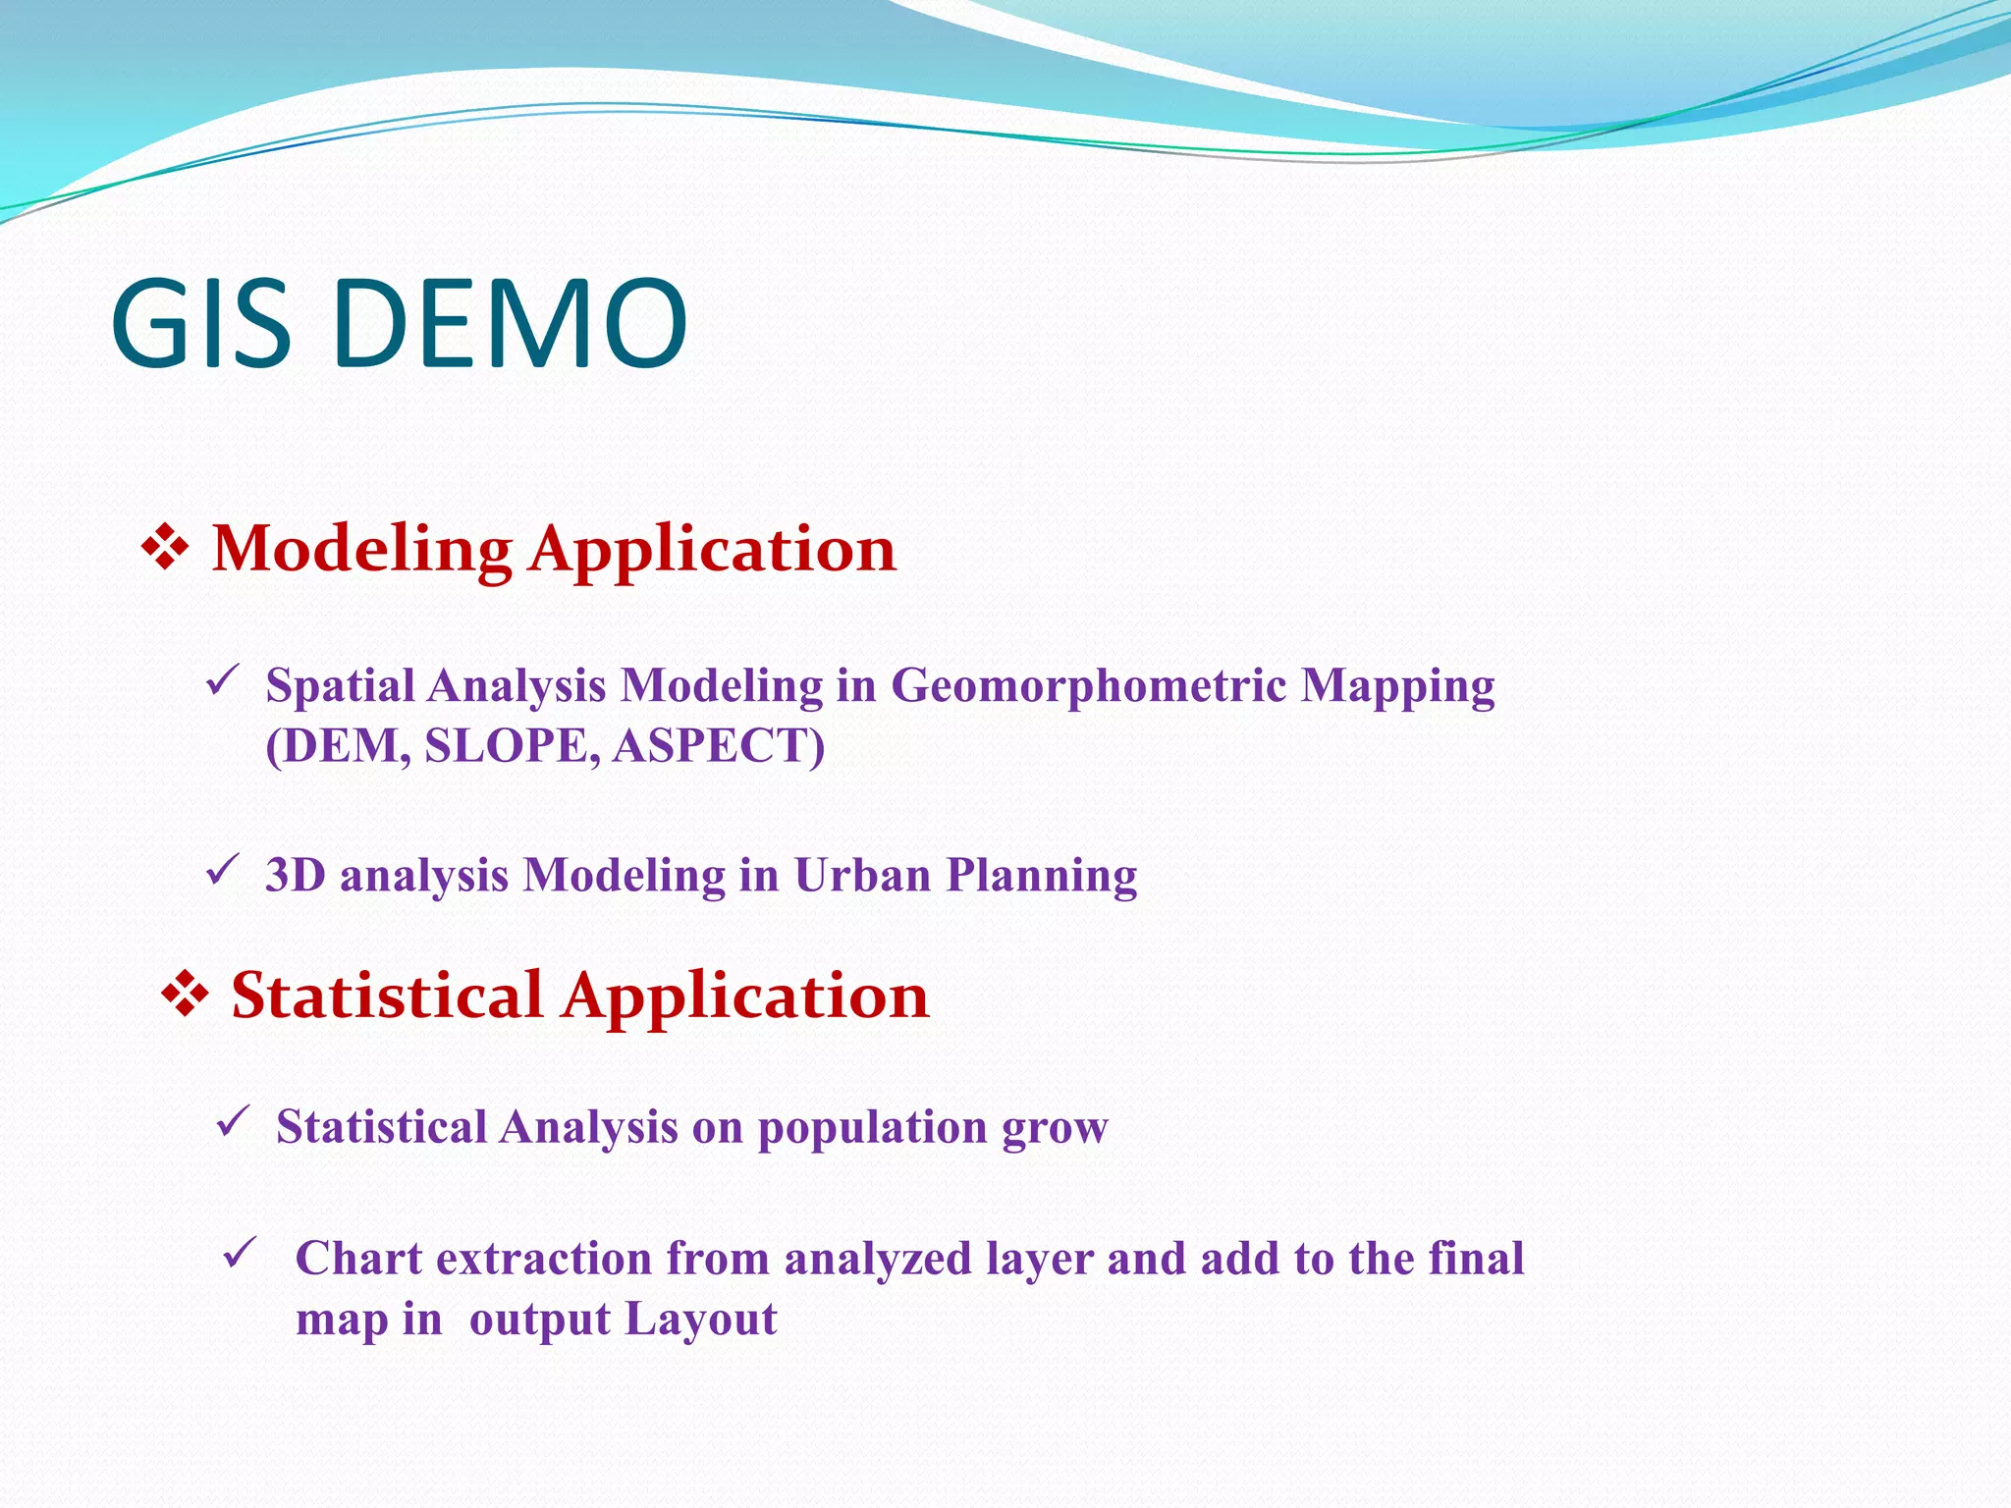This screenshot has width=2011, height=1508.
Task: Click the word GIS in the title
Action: tap(201, 325)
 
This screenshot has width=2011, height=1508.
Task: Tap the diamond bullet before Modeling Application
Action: tap(165, 549)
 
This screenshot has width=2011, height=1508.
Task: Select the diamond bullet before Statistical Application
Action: tap(184, 996)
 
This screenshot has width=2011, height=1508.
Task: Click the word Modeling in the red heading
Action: tap(361, 549)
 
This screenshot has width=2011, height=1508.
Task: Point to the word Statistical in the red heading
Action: tap(386, 996)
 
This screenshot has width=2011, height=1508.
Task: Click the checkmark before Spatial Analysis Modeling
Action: tap(223, 679)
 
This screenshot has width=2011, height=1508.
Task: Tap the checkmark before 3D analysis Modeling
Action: tap(223, 869)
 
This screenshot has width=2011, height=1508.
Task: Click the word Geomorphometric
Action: tap(1088, 685)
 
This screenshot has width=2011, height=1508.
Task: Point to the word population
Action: tap(872, 1128)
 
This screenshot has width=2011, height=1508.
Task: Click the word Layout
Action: tap(700, 1319)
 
